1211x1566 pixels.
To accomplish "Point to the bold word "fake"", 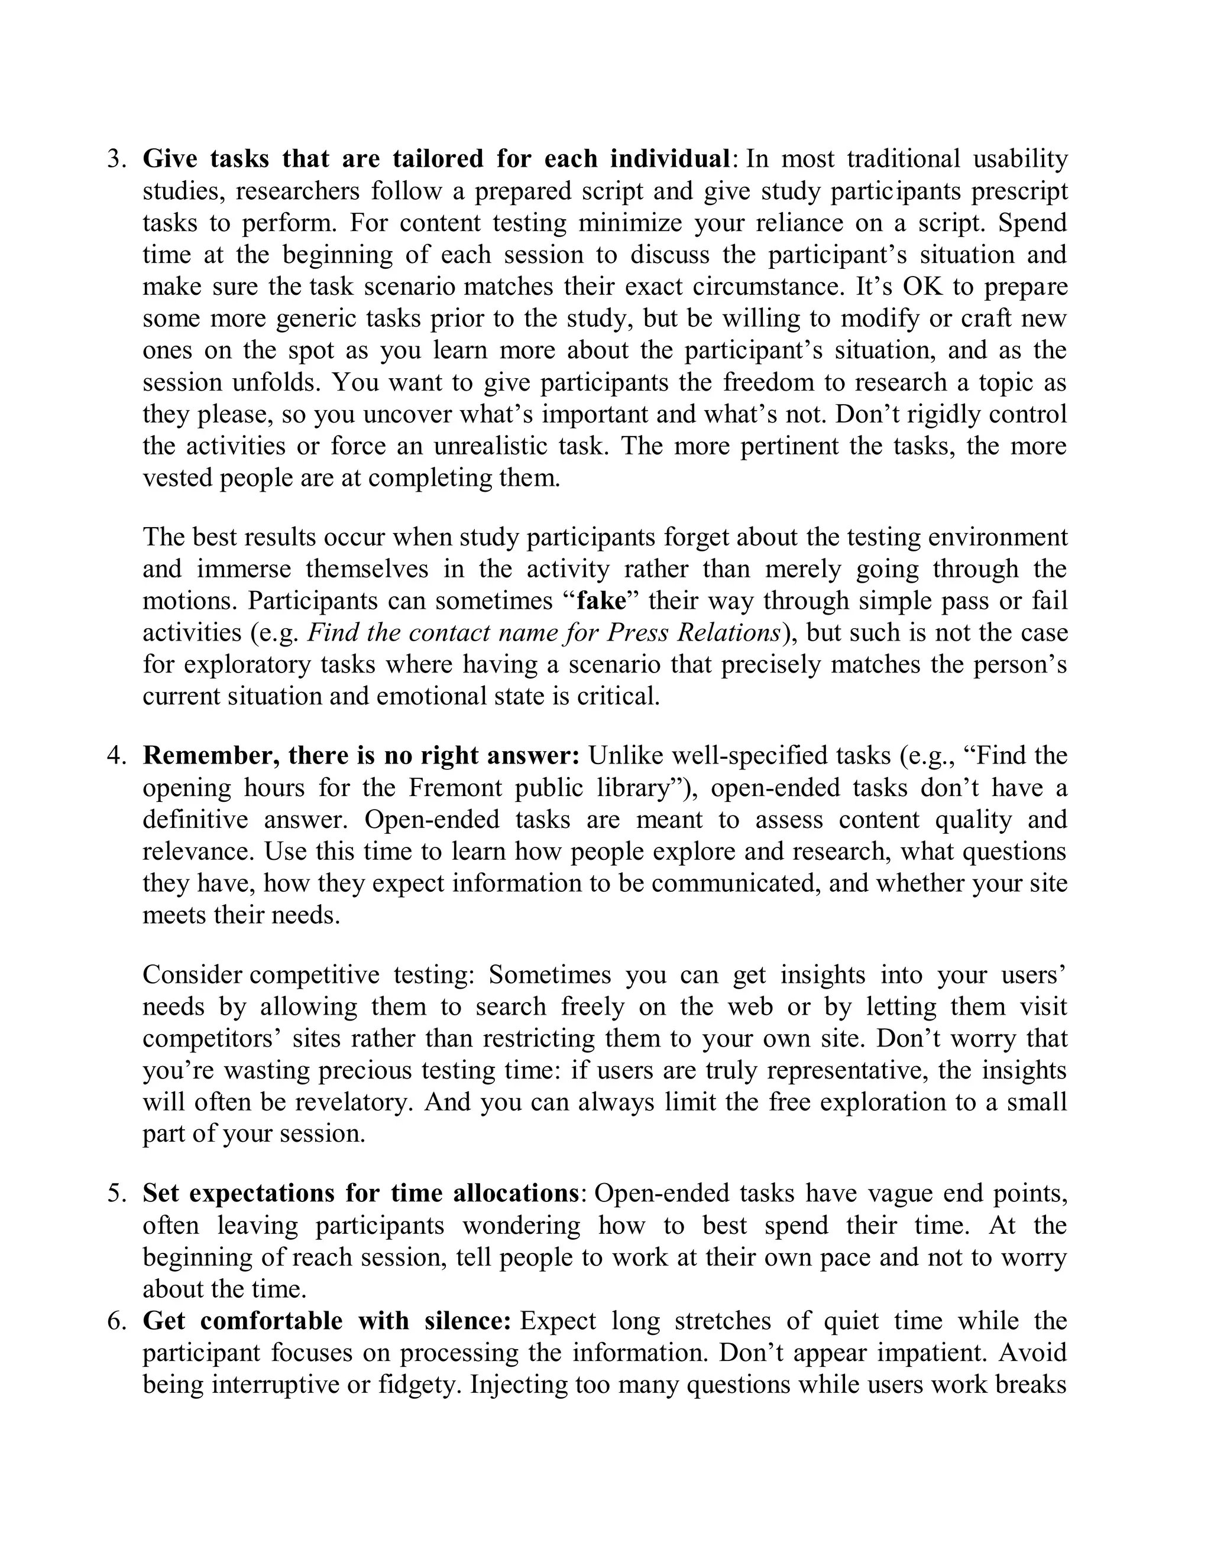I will pyautogui.click(x=601, y=601).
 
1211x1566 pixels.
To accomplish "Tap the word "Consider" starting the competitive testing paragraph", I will pyautogui.click(x=192, y=975).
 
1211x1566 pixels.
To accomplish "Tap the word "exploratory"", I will pyautogui.click(x=245, y=665).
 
